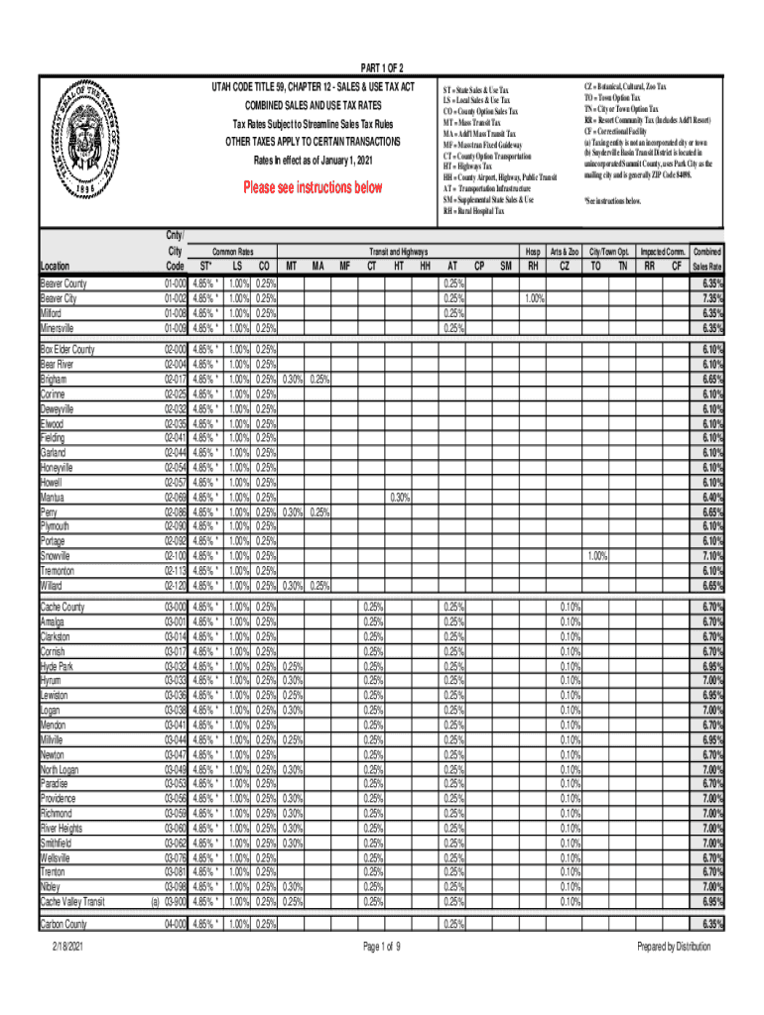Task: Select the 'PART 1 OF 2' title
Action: coord(382,67)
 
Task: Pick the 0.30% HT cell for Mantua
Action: coord(399,498)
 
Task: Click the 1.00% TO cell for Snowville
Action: coord(595,556)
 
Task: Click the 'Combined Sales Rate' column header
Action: coord(706,260)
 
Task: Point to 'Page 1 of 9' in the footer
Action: coord(382,947)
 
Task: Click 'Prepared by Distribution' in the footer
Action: coord(674,947)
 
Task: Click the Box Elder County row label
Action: coord(66,350)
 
